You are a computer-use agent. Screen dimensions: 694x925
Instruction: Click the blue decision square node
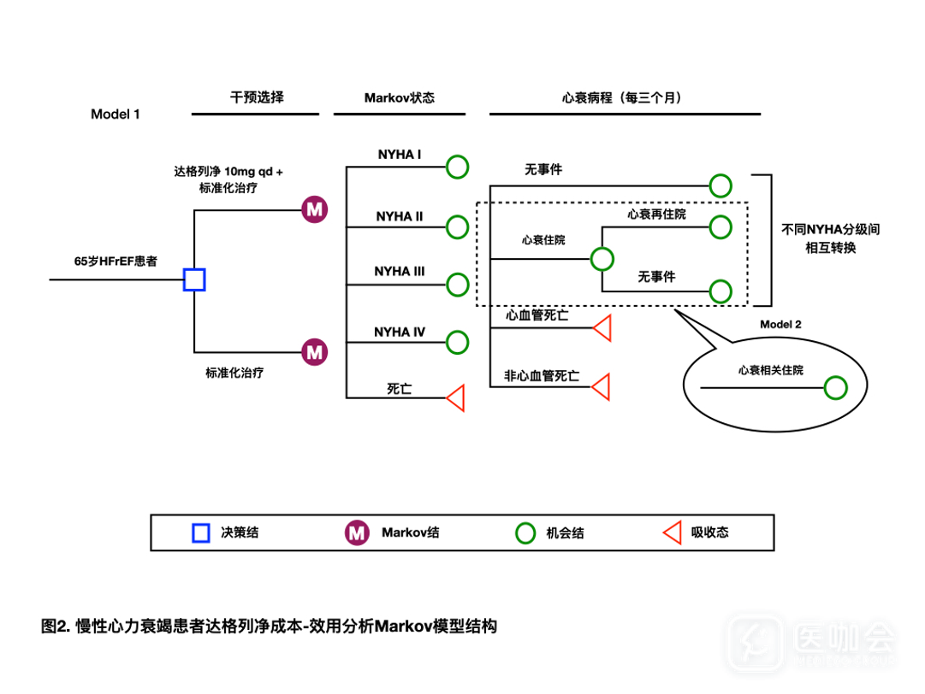[x=194, y=279]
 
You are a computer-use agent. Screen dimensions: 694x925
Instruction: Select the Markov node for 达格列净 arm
[x=315, y=209]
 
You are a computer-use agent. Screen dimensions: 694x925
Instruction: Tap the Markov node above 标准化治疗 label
[x=315, y=351]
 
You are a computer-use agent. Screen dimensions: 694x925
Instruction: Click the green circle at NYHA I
[x=457, y=167]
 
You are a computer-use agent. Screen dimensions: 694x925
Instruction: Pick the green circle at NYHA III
[x=457, y=284]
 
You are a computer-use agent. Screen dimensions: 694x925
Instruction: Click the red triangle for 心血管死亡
[x=602, y=328]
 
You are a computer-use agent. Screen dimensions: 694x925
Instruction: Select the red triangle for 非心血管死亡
[x=602, y=387]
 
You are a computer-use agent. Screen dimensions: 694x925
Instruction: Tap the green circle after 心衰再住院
[x=720, y=226]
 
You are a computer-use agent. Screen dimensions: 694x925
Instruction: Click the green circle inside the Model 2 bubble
[x=835, y=389]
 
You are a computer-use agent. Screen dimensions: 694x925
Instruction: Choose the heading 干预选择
[x=257, y=97]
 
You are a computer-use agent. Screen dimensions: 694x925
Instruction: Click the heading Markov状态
[x=400, y=97]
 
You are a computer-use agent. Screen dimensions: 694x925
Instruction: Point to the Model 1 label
[x=116, y=114]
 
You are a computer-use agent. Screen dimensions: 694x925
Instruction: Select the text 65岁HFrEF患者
[x=116, y=262]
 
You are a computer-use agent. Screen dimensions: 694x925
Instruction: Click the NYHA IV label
[x=399, y=332]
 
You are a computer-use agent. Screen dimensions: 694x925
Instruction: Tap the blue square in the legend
[x=200, y=533]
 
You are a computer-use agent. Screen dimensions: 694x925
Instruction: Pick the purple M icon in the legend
[x=357, y=533]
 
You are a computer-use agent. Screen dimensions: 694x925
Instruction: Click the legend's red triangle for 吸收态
[x=672, y=533]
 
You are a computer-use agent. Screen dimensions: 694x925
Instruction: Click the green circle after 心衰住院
[x=602, y=258]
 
